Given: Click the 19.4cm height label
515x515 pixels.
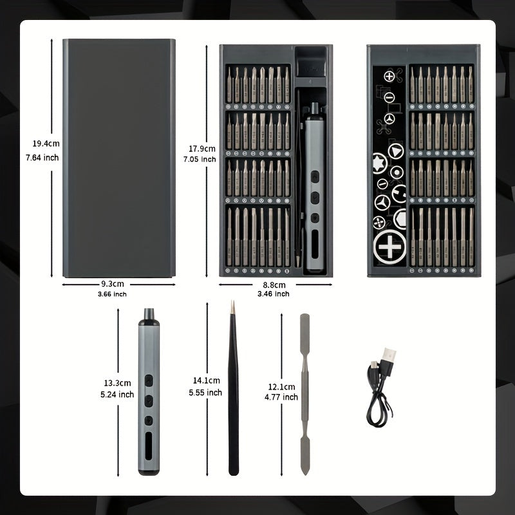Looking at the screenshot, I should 46,144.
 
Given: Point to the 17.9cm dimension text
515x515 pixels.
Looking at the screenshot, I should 199,149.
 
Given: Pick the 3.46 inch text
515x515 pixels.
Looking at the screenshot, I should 273,294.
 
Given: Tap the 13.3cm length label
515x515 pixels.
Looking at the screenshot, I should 117,383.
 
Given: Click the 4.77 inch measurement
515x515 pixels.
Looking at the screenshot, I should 281,397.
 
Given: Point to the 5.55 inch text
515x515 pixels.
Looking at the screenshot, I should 205,393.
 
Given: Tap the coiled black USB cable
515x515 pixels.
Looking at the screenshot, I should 380,396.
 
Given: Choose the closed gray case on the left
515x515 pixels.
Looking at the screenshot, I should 118,158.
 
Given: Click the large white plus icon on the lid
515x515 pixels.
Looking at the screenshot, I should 390,247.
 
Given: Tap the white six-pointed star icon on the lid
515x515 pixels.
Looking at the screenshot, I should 379,162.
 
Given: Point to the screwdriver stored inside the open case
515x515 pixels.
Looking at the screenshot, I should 315,187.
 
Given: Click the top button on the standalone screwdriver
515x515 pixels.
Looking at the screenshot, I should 148,379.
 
